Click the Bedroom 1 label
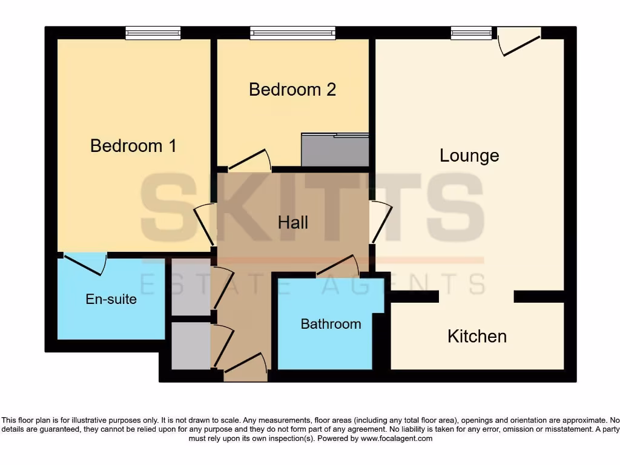tap(133, 146)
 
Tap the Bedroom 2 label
tap(292, 90)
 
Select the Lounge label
tap(469, 156)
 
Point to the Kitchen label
tap(477, 336)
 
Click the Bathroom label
tap(331, 324)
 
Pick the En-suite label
tap(111, 299)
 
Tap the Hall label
tap(293, 222)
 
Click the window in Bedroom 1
tap(153, 33)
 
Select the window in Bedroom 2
tap(292, 33)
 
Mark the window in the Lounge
tap(471, 33)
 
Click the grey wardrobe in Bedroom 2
tap(335, 150)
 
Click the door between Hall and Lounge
tap(381, 222)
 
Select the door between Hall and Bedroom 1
tap(205, 225)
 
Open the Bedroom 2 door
tap(249, 160)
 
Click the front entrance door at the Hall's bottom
tap(245, 366)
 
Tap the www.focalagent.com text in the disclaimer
tap(397, 438)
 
